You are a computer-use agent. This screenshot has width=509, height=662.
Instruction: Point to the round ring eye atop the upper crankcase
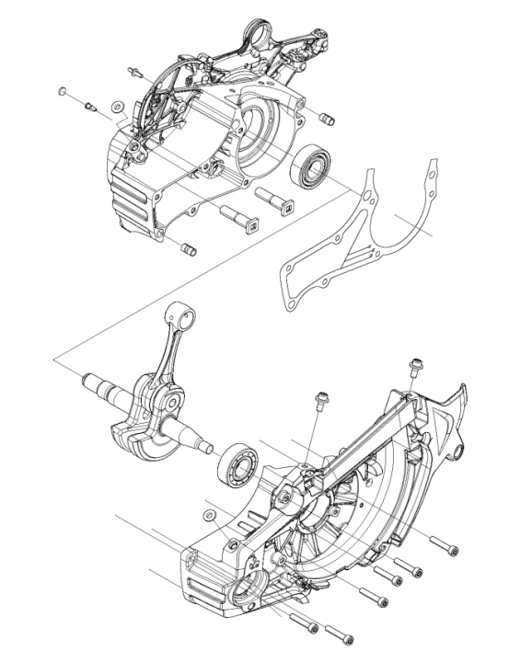(259, 39)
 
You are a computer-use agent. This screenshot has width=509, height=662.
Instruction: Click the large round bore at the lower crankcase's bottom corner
(246, 588)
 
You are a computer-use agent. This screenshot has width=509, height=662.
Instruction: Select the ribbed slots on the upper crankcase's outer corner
(129, 188)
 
